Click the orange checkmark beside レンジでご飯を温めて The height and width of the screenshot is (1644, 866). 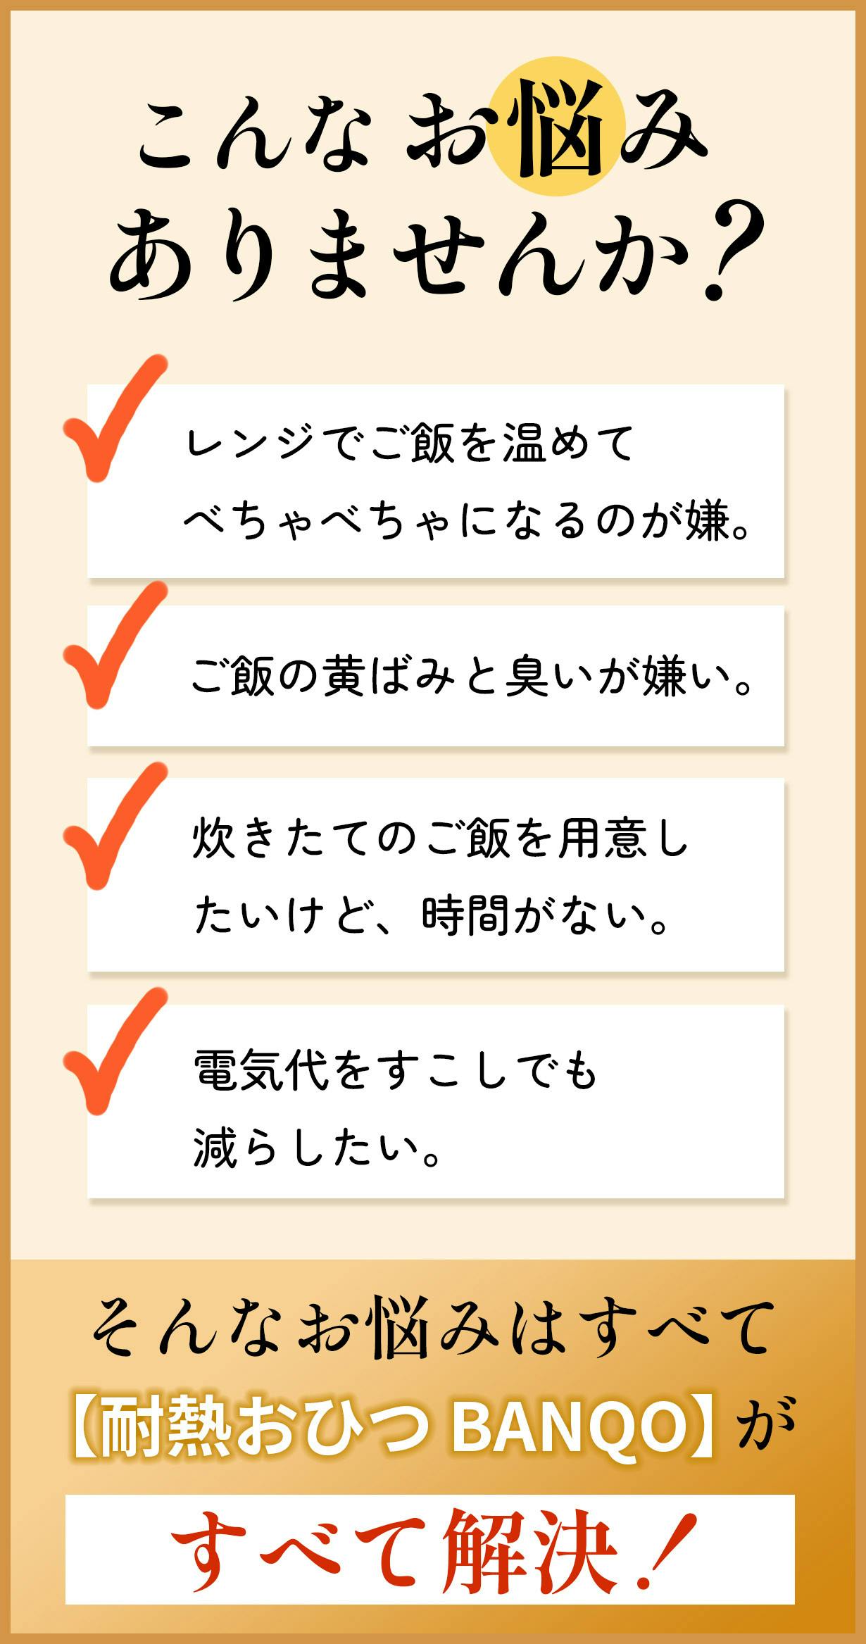click(115, 418)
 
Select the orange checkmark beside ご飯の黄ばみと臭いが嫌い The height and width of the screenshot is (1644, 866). click(115, 645)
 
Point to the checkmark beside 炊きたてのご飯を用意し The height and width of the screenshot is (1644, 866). click(115, 825)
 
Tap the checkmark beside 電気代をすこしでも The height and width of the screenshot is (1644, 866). click(115, 1051)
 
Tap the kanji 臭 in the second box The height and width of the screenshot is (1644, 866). click(527, 677)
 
